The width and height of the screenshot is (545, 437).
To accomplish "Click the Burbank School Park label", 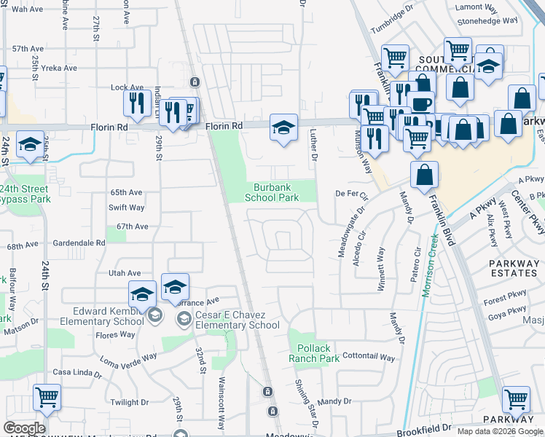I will tap(272, 192).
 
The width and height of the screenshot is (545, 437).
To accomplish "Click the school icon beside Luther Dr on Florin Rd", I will tap(283, 128).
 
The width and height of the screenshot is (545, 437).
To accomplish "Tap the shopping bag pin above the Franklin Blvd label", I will tap(424, 176).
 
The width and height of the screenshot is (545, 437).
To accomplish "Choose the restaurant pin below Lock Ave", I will tap(137, 103).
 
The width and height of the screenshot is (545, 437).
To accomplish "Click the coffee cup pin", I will tap(421, 103).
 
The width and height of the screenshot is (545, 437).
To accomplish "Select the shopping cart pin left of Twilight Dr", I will tap(47, 398).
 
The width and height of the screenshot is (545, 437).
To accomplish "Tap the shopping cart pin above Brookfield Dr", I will tap(516, 399).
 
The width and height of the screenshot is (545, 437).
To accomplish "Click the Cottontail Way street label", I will tap(368, 358).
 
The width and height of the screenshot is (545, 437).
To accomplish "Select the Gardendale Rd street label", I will tap(80, 243).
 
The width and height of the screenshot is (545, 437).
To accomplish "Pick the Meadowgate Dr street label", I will tap(350, 235).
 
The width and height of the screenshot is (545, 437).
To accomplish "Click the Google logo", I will tap(24, 428).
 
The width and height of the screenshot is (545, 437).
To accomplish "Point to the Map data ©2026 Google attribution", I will tap(500, 431).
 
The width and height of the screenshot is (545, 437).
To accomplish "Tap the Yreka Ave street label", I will tap(58, 68).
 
